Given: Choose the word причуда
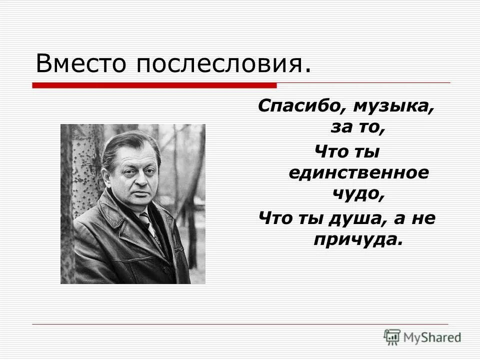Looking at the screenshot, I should point(358,239).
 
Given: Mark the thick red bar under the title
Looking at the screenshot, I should point(154,85).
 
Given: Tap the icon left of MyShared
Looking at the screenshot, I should point(392,335).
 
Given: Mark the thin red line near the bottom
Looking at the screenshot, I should point(240,324).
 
